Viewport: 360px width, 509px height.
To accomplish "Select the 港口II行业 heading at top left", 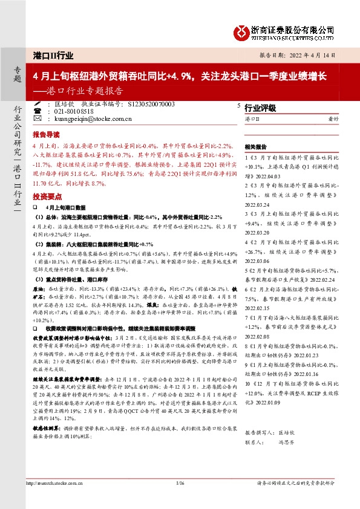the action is coord(53,56).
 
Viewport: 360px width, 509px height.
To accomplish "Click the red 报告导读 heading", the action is coord(45,134).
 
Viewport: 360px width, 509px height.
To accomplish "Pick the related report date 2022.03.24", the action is coord(258,204).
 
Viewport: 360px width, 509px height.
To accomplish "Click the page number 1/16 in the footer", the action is coord(179,483).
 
